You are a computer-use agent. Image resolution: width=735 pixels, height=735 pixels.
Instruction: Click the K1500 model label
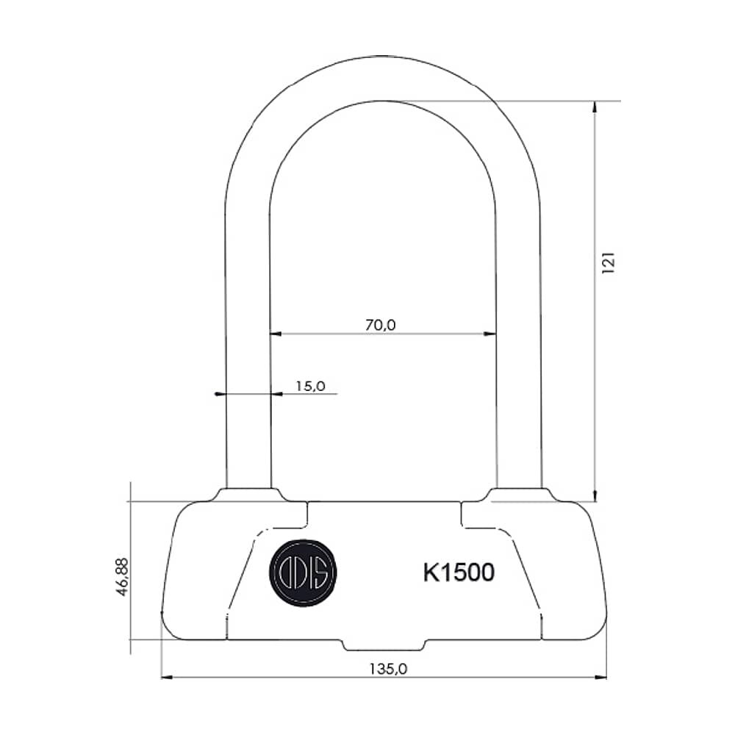458,573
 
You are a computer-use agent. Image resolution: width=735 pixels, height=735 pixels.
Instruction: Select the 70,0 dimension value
381,324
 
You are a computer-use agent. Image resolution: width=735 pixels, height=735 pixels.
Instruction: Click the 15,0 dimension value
310,385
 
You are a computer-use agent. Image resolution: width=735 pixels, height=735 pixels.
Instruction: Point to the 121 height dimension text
609,262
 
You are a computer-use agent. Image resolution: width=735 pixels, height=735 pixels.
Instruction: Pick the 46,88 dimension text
123,577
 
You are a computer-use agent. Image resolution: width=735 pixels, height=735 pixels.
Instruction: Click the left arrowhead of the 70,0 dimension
276,334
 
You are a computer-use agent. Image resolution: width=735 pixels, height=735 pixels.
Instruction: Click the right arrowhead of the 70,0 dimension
490,334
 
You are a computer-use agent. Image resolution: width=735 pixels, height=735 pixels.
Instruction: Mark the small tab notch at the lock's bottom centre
384,645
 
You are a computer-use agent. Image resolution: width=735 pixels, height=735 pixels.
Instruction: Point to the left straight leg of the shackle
248,331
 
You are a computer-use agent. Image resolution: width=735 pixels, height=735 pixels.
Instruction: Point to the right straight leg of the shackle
518,331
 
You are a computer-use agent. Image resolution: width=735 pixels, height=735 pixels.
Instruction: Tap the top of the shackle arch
383,78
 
